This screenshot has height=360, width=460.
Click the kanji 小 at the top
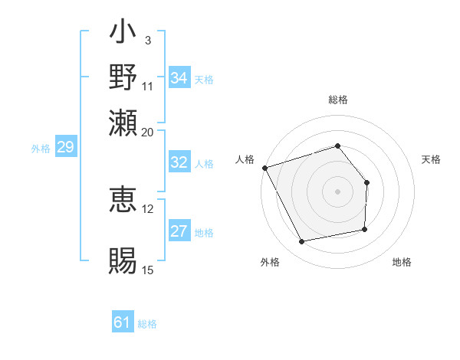pos(123,34)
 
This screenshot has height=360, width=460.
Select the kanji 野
pos(123,78)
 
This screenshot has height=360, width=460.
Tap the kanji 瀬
pos(123,123)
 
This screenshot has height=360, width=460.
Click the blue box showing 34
pos(179,78)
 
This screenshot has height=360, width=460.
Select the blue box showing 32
pos(179,162)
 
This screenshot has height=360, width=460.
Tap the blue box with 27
pos(179,232)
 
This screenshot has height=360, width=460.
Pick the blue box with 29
pos(65,147)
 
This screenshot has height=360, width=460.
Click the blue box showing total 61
pos(123,322)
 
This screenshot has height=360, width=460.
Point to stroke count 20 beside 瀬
pos(147,132)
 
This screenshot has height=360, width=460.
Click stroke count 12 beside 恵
pos(147,208)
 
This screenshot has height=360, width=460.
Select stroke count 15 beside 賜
pos(147,270)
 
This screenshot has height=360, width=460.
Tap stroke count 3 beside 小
pos(147,41)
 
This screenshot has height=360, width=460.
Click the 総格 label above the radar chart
pos(337,100)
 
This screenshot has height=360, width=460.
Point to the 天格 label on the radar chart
pos(431,159)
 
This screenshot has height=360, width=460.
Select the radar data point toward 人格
pos(264,167)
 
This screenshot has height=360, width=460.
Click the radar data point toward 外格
pos(302,242)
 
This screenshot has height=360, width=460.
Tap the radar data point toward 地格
pos(365,229)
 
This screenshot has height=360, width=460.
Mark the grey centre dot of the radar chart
pos(337,191)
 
